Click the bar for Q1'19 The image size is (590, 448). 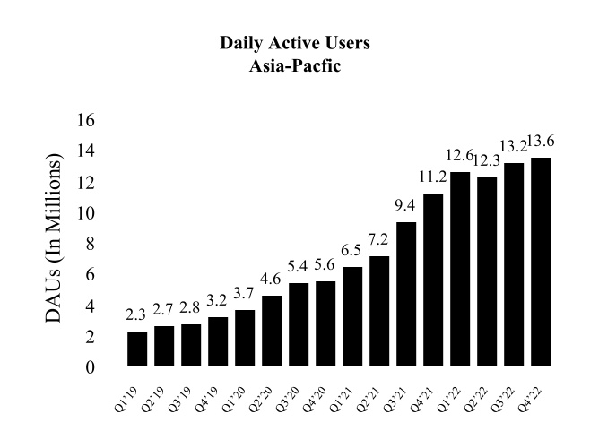point(137,349)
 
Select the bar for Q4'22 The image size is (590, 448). point(541,262)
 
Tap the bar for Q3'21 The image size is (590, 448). point(406,294)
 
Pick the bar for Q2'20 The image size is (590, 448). point(272,331)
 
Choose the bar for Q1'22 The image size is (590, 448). point(460,269)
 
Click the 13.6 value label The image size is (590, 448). point(542,140)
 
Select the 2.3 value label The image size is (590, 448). point(137,314)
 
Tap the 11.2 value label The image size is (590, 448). point(433,177)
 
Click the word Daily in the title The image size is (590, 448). point(240,42)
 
